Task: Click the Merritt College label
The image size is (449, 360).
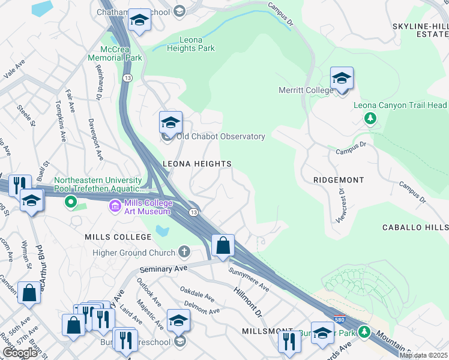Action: pyautogui.click(x=305, y=90)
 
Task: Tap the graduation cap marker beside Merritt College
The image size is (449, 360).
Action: pyautogui.click(x=342, y=79)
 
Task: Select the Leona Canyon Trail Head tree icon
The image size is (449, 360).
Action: pyautogui.click(x=370, y=118)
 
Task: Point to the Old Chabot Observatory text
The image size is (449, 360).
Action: pyautogui.click(x=221, y=137)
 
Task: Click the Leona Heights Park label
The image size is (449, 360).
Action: pyautogui.click(x=190, y=44)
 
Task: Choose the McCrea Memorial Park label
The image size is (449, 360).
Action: pyautogui.click(x=115, y=54)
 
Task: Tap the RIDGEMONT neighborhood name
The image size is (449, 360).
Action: pyautogui.click(x=339, y=180)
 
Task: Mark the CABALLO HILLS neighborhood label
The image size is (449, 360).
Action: pyautogui.click(x=415, y=228)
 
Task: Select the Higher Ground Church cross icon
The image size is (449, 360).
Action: pyautogui.click(x=184, y=251)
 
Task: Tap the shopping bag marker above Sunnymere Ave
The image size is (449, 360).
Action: pyautogui.click(x=223, y=246)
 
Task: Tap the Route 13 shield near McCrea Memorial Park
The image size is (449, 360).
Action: pyautogui.click(x=127, y=78)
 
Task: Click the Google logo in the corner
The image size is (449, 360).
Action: pyautogui.click(x=20, y=353)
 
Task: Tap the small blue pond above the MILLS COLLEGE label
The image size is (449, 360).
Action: pyautogui.click(x=160, y=230)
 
